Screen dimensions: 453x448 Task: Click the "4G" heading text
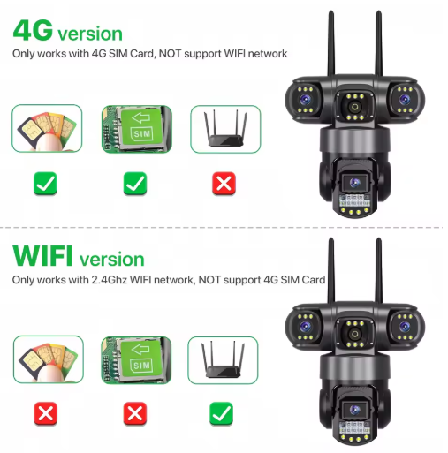[x=33, y=31]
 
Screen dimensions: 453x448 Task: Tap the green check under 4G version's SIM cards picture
[x=47, y=184]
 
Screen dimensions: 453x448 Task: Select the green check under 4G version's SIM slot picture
[x=135, y=184]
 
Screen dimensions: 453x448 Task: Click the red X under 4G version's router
[x=225, y=184]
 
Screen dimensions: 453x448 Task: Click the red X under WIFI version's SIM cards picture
[x=47, y=412]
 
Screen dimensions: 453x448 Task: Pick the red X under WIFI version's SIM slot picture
[x=135, y=412]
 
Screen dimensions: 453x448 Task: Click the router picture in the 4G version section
[x=225, y=129]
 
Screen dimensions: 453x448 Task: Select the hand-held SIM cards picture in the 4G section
[x=47, y=129]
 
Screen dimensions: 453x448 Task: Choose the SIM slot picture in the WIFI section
[x=135, y=358]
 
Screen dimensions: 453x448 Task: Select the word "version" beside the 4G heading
[x=90, y=34]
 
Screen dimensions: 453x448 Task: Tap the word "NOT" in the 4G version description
[x=171, y=54]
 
